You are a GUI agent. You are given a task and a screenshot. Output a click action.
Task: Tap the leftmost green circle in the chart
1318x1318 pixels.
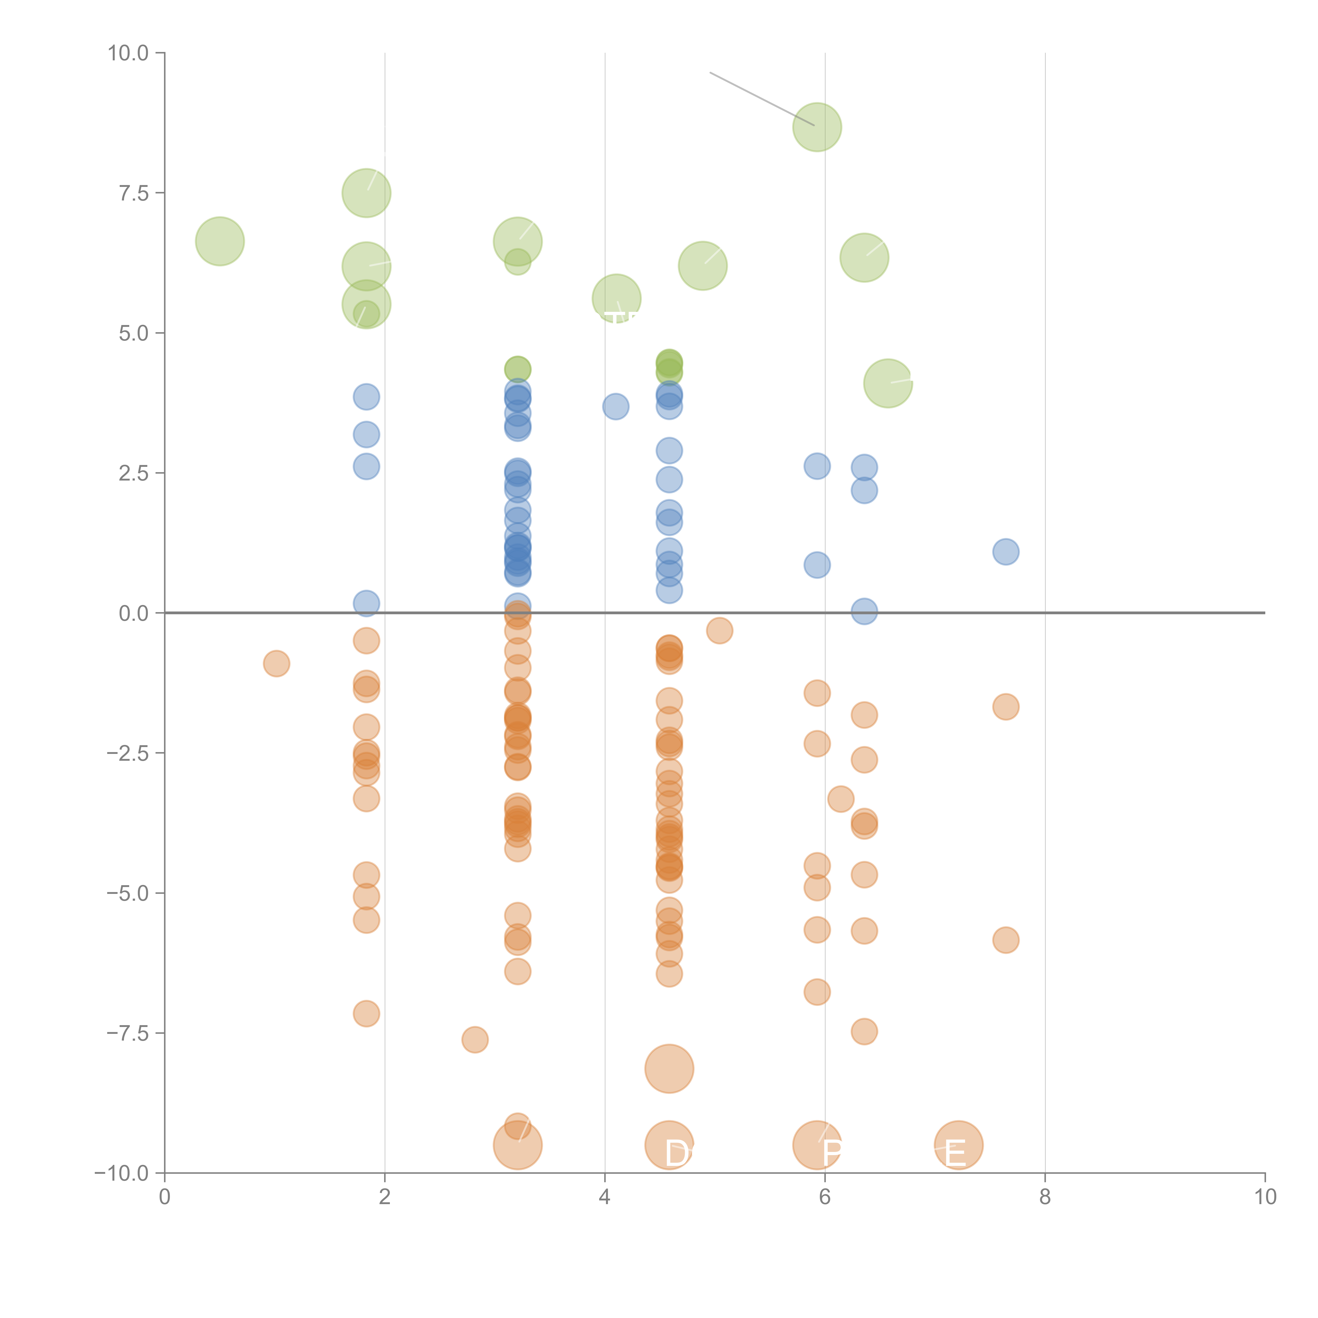(220, 241)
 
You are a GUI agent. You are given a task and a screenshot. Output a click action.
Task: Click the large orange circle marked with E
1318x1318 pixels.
(958, 1145)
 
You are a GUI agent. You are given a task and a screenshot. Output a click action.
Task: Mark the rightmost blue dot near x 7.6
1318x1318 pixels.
(1006, 551)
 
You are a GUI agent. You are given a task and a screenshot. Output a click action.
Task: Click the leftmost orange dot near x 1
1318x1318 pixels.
(276, 663)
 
